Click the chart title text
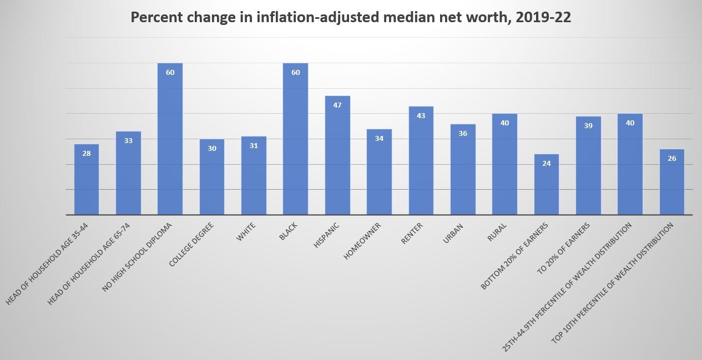pos(351,18)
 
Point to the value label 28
pos(87,154)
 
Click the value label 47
pos(337,105)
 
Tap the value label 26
pos(671,159)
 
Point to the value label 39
pos(588,126)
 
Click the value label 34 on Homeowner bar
pos(379,139)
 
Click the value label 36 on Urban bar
pos(463,134)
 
